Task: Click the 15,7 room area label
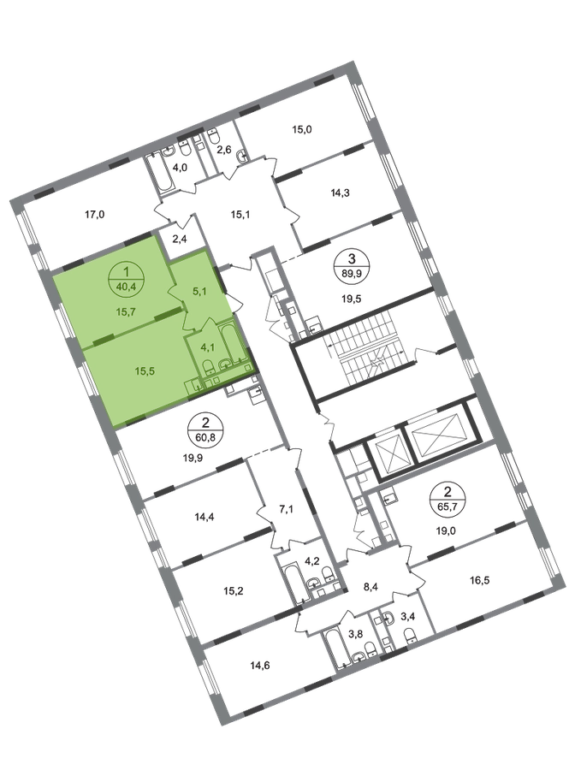click(127, 313)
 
